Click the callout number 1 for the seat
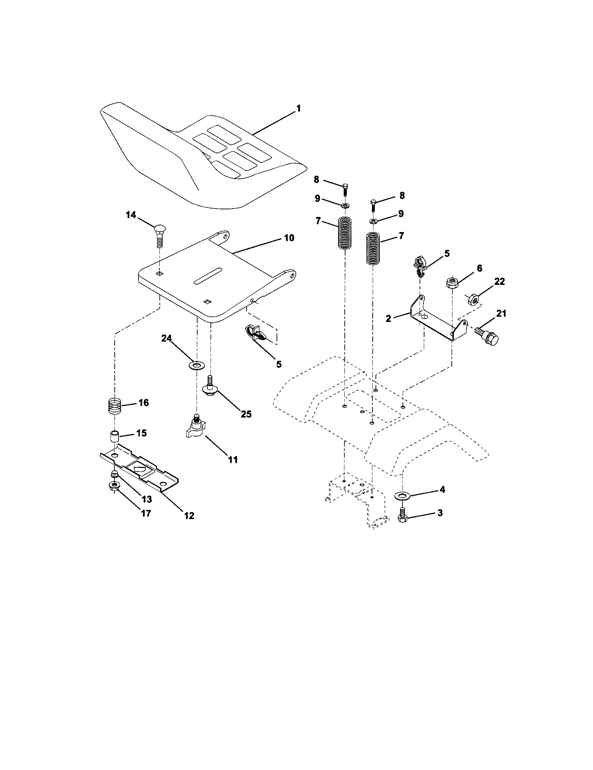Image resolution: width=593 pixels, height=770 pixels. pos(299,108)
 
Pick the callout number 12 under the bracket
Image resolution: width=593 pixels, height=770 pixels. pos(189,516)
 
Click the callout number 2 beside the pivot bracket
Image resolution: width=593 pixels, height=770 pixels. pos(388,319)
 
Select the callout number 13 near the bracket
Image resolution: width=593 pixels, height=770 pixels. pos(147,499)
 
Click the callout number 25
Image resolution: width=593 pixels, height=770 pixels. pos(246,414)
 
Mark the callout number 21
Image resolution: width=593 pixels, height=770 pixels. pos(501,314)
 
